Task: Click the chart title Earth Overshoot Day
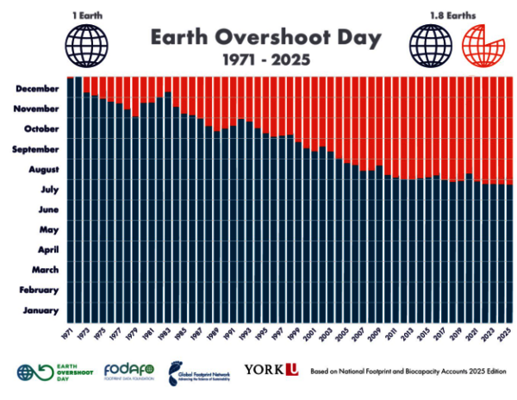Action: (x=258, y=38)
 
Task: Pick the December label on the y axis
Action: (x=37, y=88)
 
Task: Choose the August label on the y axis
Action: (x=42, y=169)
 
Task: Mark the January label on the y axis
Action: (x=41, y=310)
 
